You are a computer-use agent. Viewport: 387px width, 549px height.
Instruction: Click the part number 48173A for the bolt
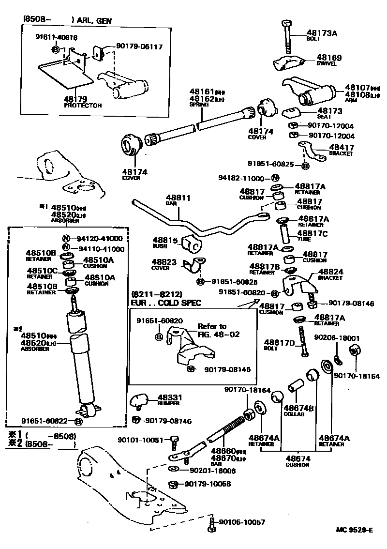(x=321, y=33)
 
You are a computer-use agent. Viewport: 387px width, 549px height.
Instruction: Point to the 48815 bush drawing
(x=191, y=244)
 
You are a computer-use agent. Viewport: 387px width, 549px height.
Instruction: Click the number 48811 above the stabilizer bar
(x=179, y=198)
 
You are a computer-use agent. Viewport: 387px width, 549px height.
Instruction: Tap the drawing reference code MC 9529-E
(x=355, y=530)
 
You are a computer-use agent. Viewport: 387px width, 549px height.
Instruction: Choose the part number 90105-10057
(x=242, y=521)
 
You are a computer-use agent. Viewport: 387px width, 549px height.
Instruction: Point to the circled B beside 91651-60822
(x=79, y=421)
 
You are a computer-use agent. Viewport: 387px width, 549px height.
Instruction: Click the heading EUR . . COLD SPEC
(x=165, y=303)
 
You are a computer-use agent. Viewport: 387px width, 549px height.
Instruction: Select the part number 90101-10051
(x=142, y=440)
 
